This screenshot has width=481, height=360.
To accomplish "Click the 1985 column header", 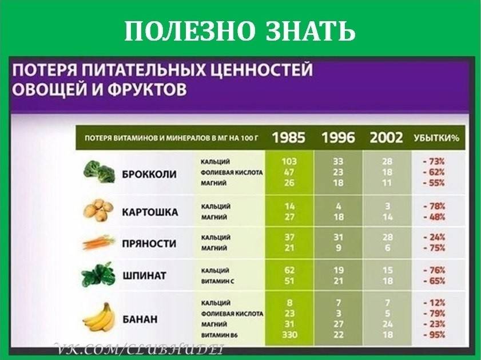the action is pyautogui.click(x=289, y=137).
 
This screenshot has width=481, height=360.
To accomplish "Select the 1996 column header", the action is pyautogui.click(x=338, y=137).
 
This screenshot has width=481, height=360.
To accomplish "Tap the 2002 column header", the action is pyautogui.click(x=386, y=137).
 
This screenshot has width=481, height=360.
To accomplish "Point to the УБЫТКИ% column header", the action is pyautogui.click(x=436, y=138).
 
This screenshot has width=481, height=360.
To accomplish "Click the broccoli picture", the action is pyautogui.click(x=99, y=172).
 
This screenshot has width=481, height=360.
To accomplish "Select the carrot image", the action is pyautogui.click(x=98, y=242).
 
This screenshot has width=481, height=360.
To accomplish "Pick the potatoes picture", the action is pyautogui.click(x=98, y=210).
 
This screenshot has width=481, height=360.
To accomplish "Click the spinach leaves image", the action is pyautogui.click(x=98, y=275).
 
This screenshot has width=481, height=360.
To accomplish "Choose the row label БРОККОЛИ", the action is pyautogui.click(x=149, y=175).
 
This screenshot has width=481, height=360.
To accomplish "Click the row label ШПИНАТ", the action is pyautogui.click(x=145, y=276).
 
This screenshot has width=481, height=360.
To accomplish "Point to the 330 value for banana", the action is pyautogui.click(x=289, y=334).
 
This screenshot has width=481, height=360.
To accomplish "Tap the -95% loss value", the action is pyautogui.click(x=434, y=334).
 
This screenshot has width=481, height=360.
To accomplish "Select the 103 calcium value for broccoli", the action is pyautogui.click(x=289, y=161).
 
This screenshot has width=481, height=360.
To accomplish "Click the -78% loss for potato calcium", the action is pyautogui.click(x=434, y=206).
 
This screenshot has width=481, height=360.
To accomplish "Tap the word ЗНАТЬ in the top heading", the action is pyautogui.click(x=311, y=31).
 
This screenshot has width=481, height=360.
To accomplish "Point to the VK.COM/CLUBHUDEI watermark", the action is pyautogui.click(x=139, y=349).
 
